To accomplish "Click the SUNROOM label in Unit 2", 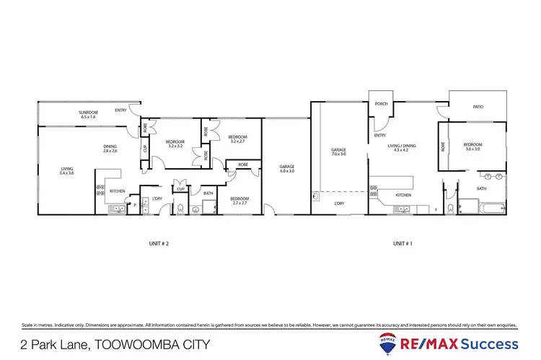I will pyautogui.click(x=89, y=113).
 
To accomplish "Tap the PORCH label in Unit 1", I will pyautogui.click(x=381, y=104).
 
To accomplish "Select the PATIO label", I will pyautogui.click(x=478, y=107).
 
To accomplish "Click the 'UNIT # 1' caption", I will pyautogui.click(x=403, y=243).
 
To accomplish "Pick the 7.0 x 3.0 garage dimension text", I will pyautogui.click(x=339, y=154).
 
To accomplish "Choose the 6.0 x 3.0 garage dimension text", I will pyautogui.click(x=286, y=171).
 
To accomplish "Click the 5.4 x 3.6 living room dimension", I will pyautogui.click(x=66, y=173).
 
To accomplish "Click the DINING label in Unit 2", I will pyautogui.click(x=110, y=146).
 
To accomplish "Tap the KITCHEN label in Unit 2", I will pyautogui.click(x=118, y=190).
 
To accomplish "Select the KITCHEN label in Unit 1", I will pyautogui.click(x=404, y=195).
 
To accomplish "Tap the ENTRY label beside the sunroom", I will pyautogui.click(x=120, y=110).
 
